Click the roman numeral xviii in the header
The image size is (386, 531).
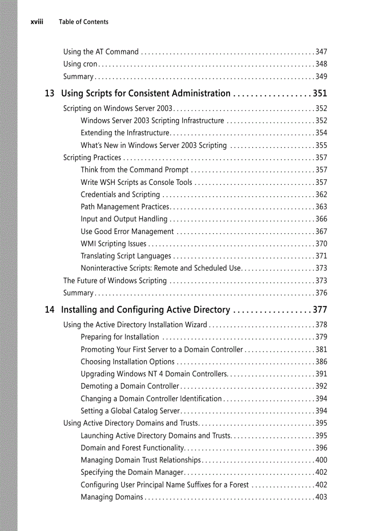(37, 22)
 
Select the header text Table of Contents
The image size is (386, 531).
(83, 22)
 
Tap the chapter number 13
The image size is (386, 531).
(49, 94)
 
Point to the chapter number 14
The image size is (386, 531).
(49, 310)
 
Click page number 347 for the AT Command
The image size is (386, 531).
(321, 52)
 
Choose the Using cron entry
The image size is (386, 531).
(80, 64)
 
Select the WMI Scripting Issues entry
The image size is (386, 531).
(114, 244)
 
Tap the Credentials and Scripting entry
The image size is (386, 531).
(120, 195)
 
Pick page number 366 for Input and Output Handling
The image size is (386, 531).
(321, 219)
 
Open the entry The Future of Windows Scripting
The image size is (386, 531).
(115, 281)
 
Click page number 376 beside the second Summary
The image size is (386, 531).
(321, 293)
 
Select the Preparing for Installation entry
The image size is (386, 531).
(120, 337)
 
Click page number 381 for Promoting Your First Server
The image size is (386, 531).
(321, 350)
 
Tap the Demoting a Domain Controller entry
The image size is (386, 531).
(130, 386)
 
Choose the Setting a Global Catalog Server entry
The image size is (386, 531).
(131, 411)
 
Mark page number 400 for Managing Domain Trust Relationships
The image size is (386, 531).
(321, 460)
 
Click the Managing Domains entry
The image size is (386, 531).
(112, 497)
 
